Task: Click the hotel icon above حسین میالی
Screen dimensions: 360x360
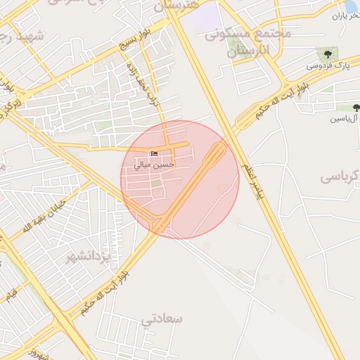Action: coord(155,154)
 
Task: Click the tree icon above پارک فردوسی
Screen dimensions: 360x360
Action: coord(326,53)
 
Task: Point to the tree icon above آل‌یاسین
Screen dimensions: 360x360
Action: coord(356,108)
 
